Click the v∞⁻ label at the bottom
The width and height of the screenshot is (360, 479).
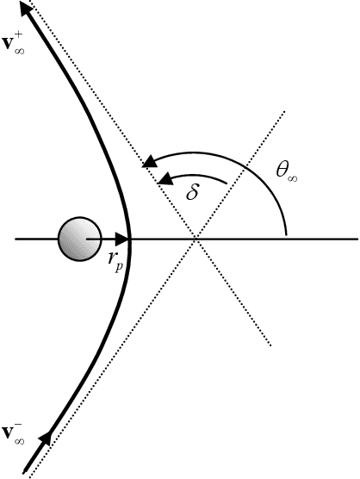click(x=14, y=434)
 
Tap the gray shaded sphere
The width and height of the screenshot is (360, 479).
click(x=76, y=238)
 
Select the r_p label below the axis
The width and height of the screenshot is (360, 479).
click(x=115, y=264)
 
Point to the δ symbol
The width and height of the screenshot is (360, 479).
click(x=193, y=192)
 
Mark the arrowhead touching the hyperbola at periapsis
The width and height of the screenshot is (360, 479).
click(x=121, y=239)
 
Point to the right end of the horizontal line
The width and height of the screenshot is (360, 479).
click(x=356, y=239)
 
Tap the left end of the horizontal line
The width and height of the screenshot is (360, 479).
click(x=16, y=239)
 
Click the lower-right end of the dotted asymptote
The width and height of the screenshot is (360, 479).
click(x=272, y=345)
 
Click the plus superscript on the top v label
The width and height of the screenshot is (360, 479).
click(x=23, y=36)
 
